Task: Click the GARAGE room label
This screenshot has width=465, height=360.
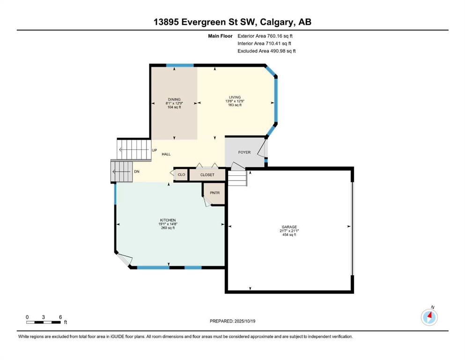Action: pyautogui.click(x=289, y=227)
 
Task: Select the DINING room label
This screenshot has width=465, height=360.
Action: pyautogui.click(x=174, y=99)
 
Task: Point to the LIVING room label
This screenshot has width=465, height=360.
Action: pyautogui.click(x=235, y=97)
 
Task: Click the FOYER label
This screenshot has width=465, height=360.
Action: pyautogui.click(x=244, y=152)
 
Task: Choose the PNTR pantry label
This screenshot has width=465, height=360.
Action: pyautogui.click(x=214, y=192)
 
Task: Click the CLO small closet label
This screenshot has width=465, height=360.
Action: pyautogui.click(x=181, y=175)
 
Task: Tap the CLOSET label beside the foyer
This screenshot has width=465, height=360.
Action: pyautogui.click(x=207, y=175)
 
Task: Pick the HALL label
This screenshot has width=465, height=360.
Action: pyautogui.click(x=166, y=154)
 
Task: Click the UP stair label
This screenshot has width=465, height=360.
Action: pyautogui.click(x=154, y=150)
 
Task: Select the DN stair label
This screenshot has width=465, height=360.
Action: pyautogui.click(x=136, y=172)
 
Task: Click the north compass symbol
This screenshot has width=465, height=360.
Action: pyautogui.click(x=429, y=317)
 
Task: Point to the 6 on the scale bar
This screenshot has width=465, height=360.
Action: pyautogui.click(x=60, y=317)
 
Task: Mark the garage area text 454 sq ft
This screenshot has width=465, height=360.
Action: pyautogui.click(x=289, y=234)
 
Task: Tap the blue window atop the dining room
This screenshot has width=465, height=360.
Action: pyautogui.click(x=180, y=65)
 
